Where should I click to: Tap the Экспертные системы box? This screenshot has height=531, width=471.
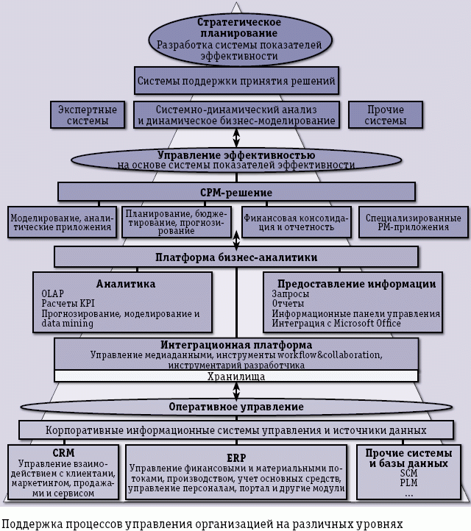[x=85, y=115]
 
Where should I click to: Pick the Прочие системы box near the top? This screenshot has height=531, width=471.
[x=386, y=115]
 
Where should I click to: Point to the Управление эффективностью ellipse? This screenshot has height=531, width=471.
[x=236, y=160]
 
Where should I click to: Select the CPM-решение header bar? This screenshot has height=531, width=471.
[x=236, y=193]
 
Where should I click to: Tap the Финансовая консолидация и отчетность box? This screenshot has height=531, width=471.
[x=298, y=223]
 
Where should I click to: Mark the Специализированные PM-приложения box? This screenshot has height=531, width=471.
[x=413, y=223]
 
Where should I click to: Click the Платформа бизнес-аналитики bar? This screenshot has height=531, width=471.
[x=236, y=257]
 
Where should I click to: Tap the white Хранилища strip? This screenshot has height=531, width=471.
[x=236, y=377]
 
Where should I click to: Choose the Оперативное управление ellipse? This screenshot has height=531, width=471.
[x=236, y=406]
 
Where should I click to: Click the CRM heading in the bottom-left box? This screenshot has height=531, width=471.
[x=63, y=453]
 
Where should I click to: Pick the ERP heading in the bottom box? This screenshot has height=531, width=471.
[x=236, y=457]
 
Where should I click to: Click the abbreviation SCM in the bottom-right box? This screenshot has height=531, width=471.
[x=408, y=474]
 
